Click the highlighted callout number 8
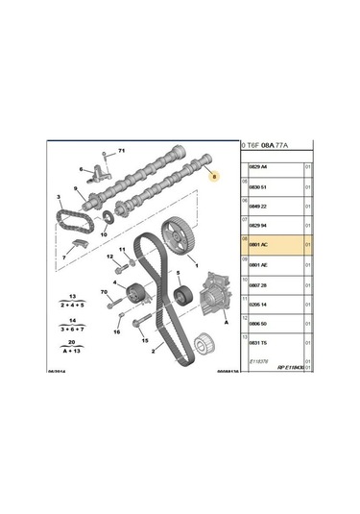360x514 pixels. coord(214,176)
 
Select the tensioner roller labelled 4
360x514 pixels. coord(126,289)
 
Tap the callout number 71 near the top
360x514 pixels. coord(122,152)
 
